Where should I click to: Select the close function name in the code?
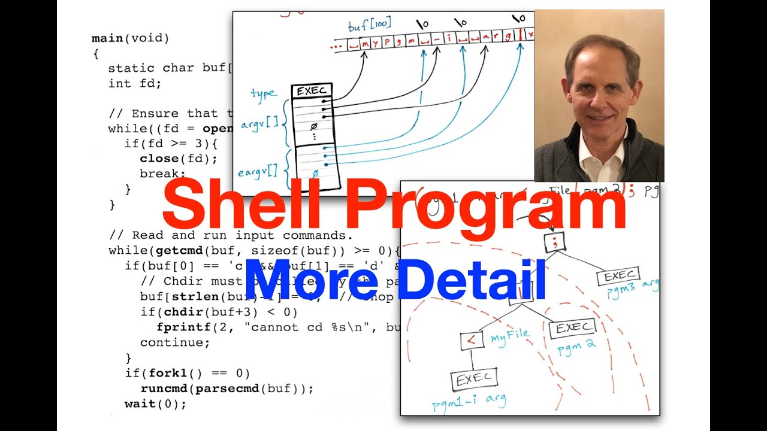tap(159, 159)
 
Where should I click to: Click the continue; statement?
tap(175, 342)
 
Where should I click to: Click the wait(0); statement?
tap(155, 404)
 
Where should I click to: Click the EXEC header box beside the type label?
tap(311, 92)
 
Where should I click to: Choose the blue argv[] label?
tap(259, 124)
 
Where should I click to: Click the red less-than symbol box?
tap(472, 341)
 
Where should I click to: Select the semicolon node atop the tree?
tap(554, 242)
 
